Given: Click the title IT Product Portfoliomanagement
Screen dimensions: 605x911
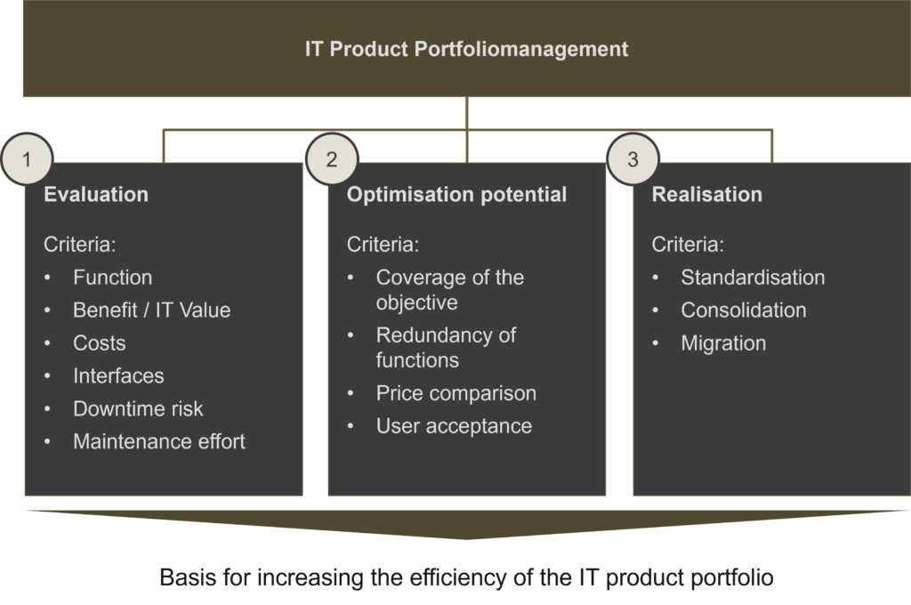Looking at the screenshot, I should click(x=466, y=49).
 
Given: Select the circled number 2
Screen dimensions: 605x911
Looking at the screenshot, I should click(x=332, y=160).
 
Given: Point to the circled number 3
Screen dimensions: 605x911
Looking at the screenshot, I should click(x=633, y=160).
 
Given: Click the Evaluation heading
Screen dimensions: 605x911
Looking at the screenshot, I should click(x=96, y=195).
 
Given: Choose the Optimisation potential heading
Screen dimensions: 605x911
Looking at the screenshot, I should click(x=456, y=195).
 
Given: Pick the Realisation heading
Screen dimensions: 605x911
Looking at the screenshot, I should click(x=706, y=195).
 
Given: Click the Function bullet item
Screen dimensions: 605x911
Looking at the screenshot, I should click(x=112, y=278).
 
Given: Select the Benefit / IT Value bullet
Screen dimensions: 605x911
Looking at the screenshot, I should click(x=151, y=311).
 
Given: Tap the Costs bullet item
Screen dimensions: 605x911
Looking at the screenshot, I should click(x=99, y=343).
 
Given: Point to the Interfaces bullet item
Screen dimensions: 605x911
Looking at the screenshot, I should click(x=118, y=376).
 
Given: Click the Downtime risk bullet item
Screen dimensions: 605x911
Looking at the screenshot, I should click(x=138, y=409).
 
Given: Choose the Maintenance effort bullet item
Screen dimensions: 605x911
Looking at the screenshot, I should click(x=158, y=441).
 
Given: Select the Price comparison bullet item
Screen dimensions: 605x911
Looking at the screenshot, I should click(x=455, y=393).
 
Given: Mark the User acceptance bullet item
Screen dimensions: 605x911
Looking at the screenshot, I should click(x=454, y=426).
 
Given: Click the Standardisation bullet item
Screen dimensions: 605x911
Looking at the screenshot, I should click(x=753, y=278).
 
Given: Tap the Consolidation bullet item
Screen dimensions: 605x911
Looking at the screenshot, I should click(x=743, y=311).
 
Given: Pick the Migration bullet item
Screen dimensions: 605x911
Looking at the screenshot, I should click(x=723, y=343).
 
